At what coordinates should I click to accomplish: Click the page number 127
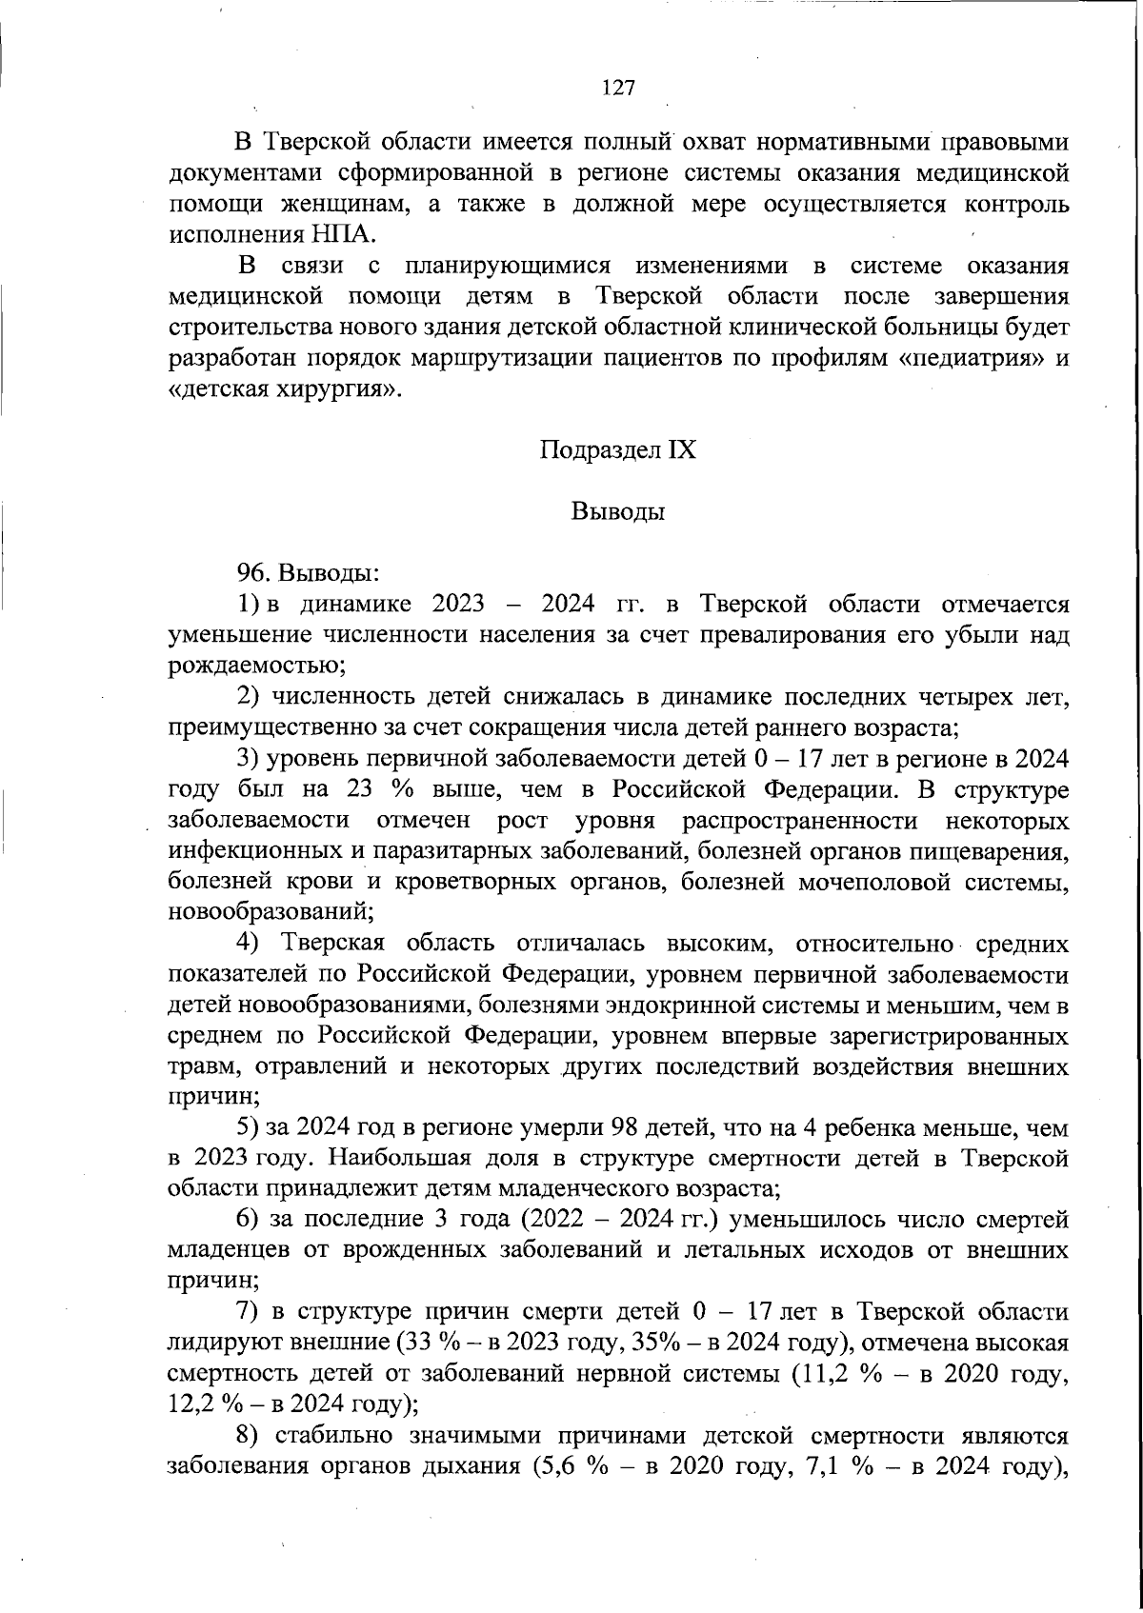click(x=618, y=88)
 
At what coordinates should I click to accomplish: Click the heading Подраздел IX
click(x=618, y=449)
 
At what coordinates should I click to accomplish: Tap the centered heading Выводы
click(x=618, y=511)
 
